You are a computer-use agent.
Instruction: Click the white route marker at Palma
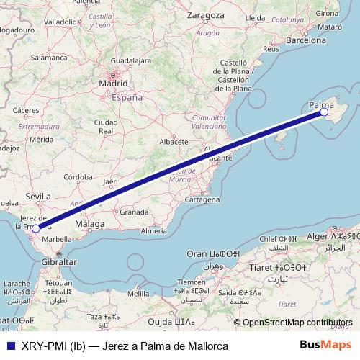click(x=324, y=112)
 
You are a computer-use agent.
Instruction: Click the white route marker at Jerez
click(x=36, y=229)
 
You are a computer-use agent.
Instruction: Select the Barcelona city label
click(x=307, y=42)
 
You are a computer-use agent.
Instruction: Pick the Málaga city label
click(x=91, y=224)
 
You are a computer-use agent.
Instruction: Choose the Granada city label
click(x=134, y=212)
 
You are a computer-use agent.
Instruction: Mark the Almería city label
click(x=155, y=230)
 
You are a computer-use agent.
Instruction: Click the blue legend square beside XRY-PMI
click(x=9, y=346)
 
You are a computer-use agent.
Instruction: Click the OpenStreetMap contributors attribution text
click(x=297, y=323)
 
